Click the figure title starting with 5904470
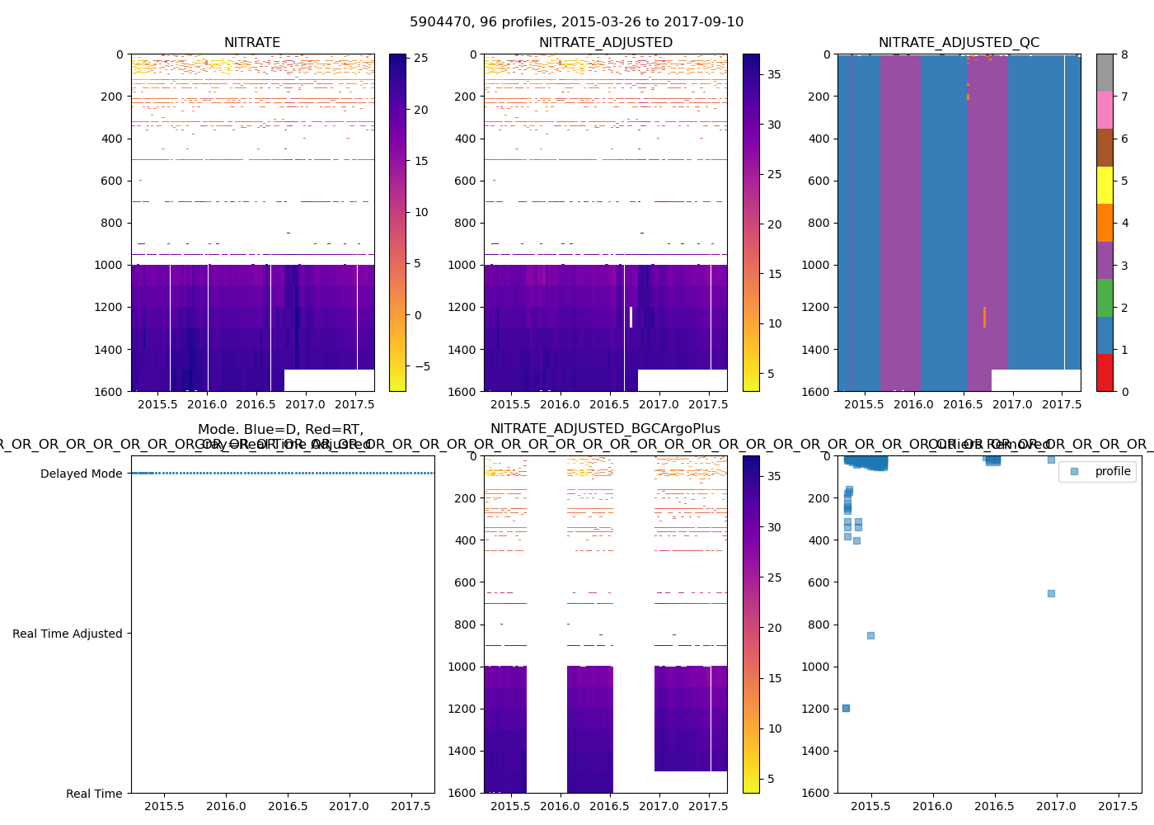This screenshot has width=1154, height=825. [576, 22]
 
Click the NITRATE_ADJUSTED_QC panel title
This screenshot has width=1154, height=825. [959, 43]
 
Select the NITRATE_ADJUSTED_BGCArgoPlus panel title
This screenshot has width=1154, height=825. [605, 429]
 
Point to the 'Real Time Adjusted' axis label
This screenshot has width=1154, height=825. [67, 634]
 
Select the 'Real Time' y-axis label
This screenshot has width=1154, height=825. [94, 794]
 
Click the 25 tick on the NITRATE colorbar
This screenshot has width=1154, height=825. [421, 59]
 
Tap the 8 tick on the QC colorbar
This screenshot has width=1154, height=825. [1124, 54]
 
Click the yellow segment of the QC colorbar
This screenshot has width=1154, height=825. [1105, 185]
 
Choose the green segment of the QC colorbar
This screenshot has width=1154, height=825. [1105, 298]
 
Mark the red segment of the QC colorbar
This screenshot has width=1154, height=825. [1105, 372]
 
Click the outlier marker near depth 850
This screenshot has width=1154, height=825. [870, 635]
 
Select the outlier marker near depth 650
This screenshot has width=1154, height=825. [1051, 593]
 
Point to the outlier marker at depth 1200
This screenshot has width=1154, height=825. [846, 708]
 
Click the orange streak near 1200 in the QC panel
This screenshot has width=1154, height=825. [984, 317]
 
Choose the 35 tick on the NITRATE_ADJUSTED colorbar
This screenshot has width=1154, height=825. [774, 74]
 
